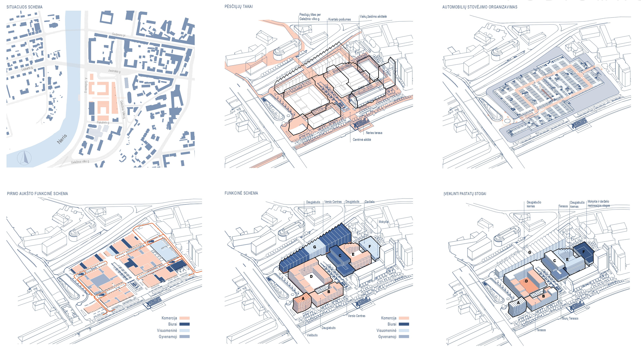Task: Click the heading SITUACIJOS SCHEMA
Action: click(x=25, y=7)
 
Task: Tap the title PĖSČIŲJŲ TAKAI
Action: click(x=239, y=7)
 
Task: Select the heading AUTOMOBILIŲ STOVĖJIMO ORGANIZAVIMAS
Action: click(x=480, y=7)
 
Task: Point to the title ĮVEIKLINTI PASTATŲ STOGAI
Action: click(x=465, y=194)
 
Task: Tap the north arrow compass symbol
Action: click(x=25, y=158)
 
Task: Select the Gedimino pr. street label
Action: click(x=119, y=35)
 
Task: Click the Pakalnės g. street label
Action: click(x=103, y=123)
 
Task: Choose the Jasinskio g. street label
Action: click(x=114, y=71)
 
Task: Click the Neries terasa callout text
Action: click(x=374, y=133)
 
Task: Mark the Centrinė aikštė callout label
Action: click(x=362, y=140)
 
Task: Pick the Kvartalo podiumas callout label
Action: click(x=339, y=20)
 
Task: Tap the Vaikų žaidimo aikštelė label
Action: click(x=373, y=16)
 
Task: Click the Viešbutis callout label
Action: click(x=312, y=335)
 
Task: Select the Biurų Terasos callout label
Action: click(x=570, y=319)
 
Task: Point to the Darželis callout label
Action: click(x=370, y=202)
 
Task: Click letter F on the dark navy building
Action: click(x=584, y=252)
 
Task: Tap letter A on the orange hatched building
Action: click(x=303, y=299)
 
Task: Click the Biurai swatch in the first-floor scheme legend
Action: click(x=185, y=324)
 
